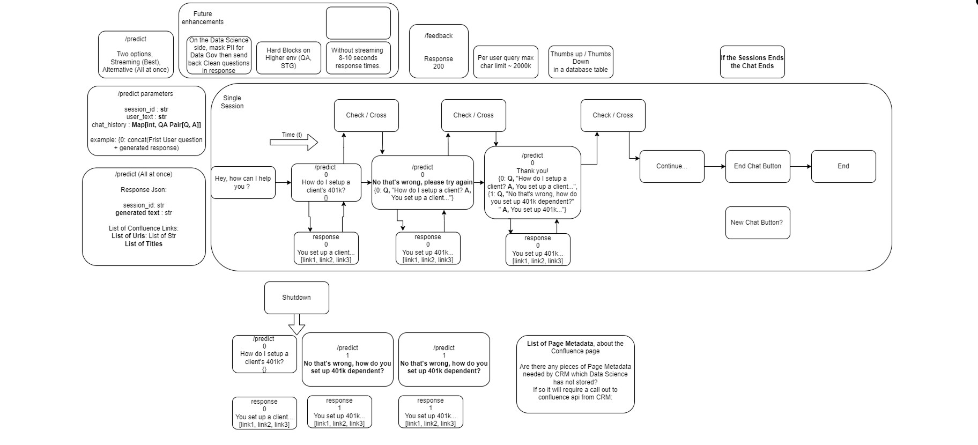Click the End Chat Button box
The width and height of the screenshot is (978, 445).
pos(757,166)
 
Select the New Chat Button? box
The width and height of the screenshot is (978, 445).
pos(757,222)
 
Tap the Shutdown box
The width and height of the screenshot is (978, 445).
pos(297,298)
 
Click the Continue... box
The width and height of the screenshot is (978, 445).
pos(672,166)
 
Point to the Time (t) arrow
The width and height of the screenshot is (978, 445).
pos(294,142)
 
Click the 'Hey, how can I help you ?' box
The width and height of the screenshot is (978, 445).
pos(243,183)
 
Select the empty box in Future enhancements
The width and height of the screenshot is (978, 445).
pos(358,23)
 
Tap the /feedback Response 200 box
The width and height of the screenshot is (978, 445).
pos(439,51)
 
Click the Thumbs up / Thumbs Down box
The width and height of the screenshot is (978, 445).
pos(581,62)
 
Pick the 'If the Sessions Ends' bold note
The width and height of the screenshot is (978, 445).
pos(752,62)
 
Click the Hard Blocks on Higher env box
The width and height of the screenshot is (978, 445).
pos(288,58)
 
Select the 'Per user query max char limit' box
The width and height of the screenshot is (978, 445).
pos(506,62)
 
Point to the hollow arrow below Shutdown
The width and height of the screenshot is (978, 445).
pos(297,324)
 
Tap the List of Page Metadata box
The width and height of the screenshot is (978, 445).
pos(575,374)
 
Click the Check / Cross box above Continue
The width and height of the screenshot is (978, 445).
pos(613,115)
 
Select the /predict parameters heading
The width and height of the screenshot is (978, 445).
pos(145,94)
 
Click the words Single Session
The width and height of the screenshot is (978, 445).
pos(232,102)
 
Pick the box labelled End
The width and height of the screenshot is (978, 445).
pos(843,166)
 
